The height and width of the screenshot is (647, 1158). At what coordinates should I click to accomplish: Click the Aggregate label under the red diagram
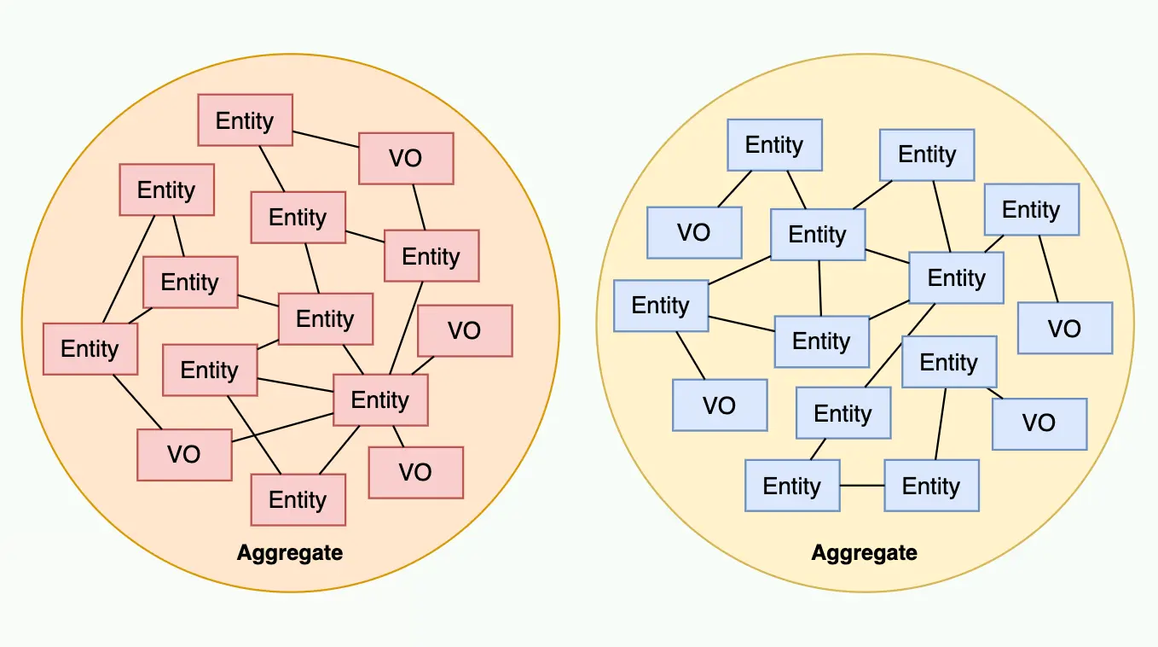(x=290, y=552)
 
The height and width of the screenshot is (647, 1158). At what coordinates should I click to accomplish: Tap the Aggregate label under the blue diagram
(x=864, y=552)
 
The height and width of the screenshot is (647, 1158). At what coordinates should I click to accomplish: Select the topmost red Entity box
(x=245, y=120)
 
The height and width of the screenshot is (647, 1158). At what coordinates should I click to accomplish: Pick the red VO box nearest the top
(x=406, y=159)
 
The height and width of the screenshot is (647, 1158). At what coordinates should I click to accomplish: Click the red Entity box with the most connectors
(x=380, y=399)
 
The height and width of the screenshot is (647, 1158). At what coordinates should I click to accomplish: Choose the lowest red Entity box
(x=298, y=499)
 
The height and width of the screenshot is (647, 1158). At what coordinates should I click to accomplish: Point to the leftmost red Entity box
(x=90, y=348)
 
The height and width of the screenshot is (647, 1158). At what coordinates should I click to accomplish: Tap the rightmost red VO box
(x=465, y=330)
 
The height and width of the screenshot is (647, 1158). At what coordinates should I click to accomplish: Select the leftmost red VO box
(x=184, y=454)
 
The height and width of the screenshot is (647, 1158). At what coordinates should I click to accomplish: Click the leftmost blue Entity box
(x=661, y=306)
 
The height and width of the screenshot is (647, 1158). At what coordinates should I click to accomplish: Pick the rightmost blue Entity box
(x=1031, y=209)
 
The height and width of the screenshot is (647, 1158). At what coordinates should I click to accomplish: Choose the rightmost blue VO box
(x=1065, y=329)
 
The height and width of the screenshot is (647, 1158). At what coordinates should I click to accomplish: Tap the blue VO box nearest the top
(x=694, y=232)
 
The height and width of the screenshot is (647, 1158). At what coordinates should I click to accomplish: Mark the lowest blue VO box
(x=1039, y=423)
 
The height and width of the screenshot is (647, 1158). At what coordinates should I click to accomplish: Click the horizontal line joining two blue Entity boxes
(x=862, y=486)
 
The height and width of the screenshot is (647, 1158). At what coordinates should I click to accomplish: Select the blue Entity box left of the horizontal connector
(x=792, y=486)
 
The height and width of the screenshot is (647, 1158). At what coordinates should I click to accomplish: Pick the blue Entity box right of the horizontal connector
(x=931, y=486)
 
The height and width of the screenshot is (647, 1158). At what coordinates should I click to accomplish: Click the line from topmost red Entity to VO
(x=326, y=139)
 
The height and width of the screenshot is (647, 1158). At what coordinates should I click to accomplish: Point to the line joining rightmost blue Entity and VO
(x=1049, y=269)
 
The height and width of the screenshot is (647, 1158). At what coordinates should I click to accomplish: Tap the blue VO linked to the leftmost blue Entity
(x=720, y=405)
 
